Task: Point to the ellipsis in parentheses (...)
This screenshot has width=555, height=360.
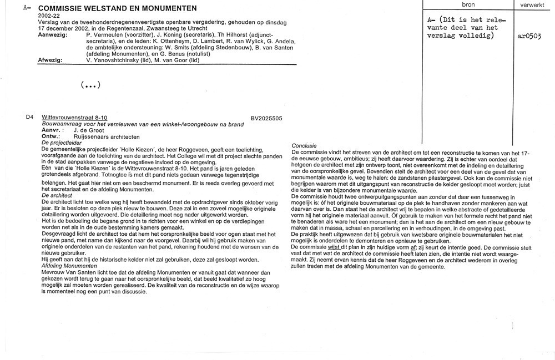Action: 90,85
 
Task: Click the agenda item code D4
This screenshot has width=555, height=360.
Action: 29,118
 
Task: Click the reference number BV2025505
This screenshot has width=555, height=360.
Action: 266,118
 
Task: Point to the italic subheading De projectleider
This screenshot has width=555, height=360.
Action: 61,143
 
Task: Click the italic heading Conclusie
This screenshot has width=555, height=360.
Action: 304,145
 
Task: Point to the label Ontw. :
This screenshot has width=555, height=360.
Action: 52,136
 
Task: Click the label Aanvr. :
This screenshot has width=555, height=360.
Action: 52,130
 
